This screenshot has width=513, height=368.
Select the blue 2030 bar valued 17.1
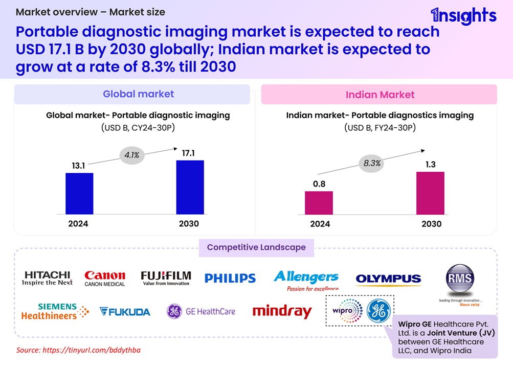tap(190, 187)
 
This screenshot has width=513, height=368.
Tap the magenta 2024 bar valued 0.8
tap(319, 202)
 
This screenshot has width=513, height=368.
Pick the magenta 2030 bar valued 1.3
tap(430, 193)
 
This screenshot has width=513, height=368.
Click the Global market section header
tap(132, 94)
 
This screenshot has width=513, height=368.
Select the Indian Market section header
tap(380, 95)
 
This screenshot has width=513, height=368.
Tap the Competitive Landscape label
tap(256, 247)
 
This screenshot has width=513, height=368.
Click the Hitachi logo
tap(48, 278)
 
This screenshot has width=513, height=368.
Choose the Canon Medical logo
tap(104, 278)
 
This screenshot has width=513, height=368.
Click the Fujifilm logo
tap(166, 278)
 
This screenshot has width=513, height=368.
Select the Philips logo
tap(230, 278)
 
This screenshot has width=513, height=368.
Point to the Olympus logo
tap(388, 279)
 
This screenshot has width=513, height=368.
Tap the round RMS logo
tap(459, 279)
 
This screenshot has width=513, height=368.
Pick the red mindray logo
tap(282, 311)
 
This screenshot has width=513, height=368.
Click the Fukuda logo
tap(125, 311)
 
